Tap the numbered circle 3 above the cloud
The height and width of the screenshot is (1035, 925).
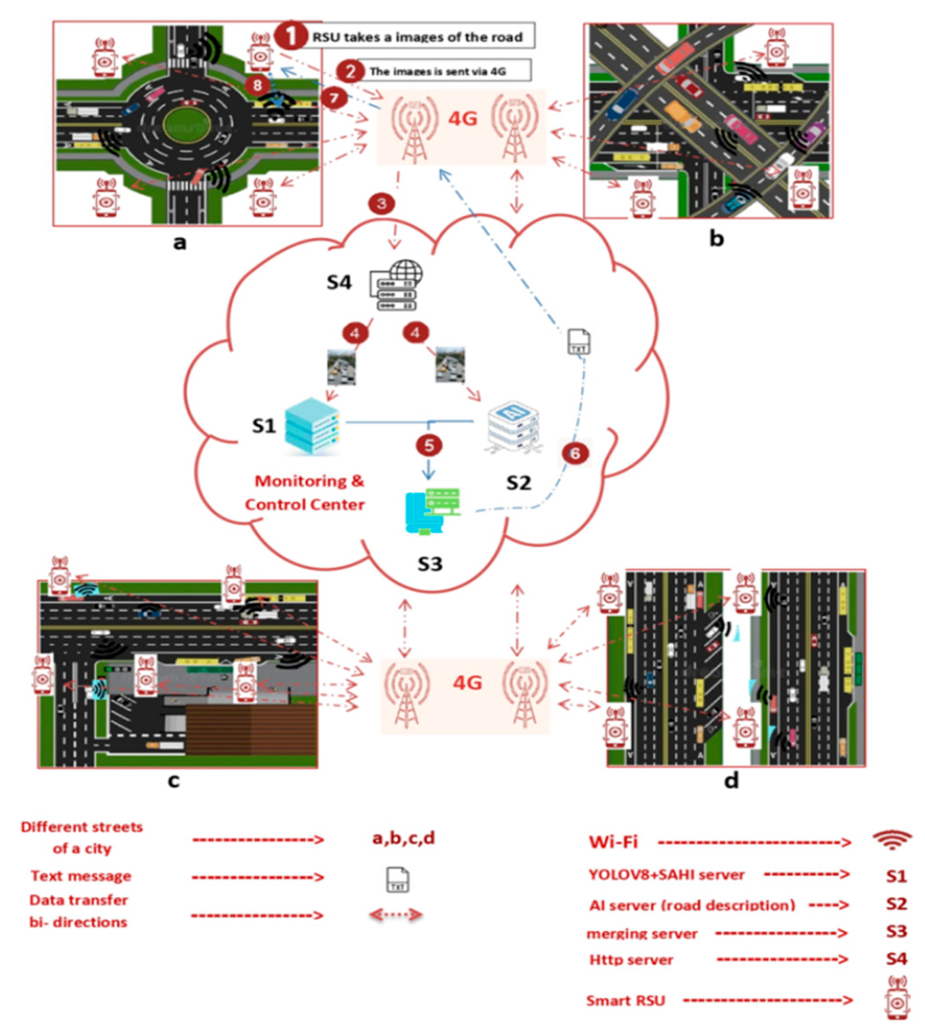(x=381, y=204)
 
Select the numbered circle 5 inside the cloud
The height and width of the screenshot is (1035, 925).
(x=429, y=445)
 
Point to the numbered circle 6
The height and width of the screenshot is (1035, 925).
(x=575, y=453)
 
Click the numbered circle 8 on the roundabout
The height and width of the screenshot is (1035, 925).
(x=257, y=84)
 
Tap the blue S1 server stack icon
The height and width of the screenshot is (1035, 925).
(x=311, y=425)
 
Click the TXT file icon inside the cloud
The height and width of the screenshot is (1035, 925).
(x=578, y=341)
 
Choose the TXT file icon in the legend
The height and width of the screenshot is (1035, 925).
(x=398, y=880)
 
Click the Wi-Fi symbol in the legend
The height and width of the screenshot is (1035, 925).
(x=893, y=841)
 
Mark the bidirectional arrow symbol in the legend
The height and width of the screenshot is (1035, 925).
(x=395, y=915)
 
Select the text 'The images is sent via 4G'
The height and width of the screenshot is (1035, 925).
(x=438, y=71)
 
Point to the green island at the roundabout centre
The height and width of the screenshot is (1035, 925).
(x=187, y=123)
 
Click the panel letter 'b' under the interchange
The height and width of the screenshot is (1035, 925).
(x=716, y=239)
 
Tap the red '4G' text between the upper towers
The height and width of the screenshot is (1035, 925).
(x=462, y=118)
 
